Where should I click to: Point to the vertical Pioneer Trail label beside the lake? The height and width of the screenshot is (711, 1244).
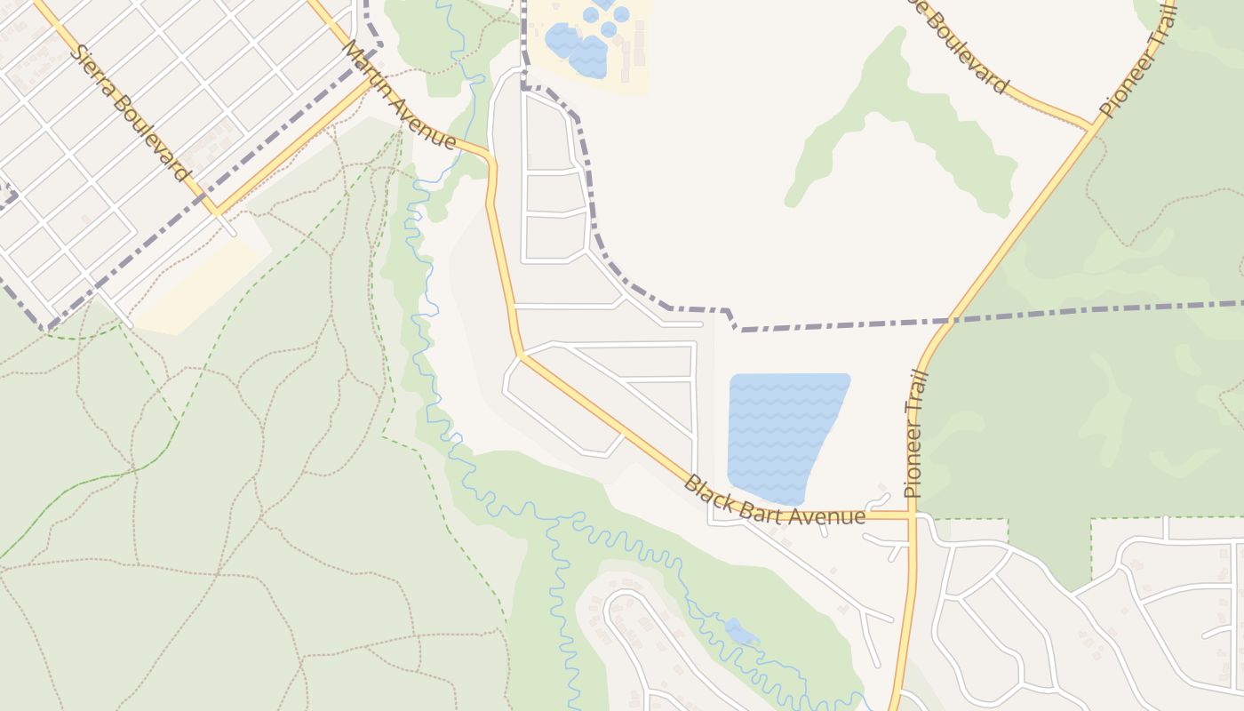(915, 433)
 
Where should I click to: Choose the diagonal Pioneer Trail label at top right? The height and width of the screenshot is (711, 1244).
(1137, 58)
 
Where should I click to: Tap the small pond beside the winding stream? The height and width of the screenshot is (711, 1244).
(740, 632)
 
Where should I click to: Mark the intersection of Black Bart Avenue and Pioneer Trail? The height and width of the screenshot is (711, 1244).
(912, 515)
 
